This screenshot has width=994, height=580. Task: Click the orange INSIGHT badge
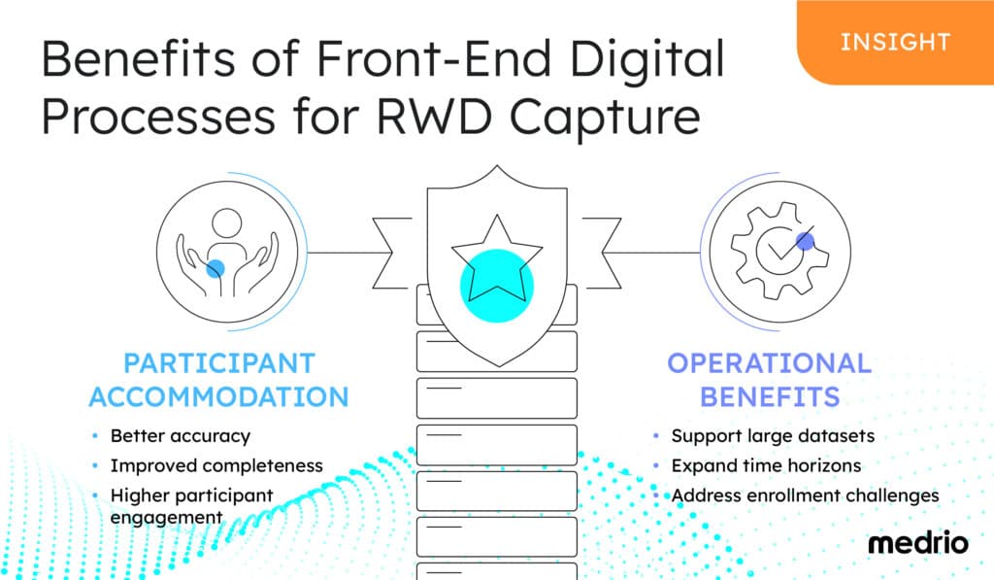(x=894, y=42)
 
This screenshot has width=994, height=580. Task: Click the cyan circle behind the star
(x=495, y=286)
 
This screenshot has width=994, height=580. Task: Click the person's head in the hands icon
(x=227, y=223)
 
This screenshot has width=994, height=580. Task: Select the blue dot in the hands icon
(x=215, y=269)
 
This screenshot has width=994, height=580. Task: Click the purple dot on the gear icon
(x=805, y=241)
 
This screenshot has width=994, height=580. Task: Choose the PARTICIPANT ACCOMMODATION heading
(x=218, y=379)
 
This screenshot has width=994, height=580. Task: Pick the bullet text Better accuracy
(x=180, y=436)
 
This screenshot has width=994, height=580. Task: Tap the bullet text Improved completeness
(x=215, y=465)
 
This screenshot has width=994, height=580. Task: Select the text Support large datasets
(x=773, y=436)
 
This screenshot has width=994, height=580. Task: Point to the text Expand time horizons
(x=766, y=465)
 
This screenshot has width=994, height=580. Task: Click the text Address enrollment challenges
(x=805, y=495)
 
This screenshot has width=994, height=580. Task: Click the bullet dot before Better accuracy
(x=94, y=436)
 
